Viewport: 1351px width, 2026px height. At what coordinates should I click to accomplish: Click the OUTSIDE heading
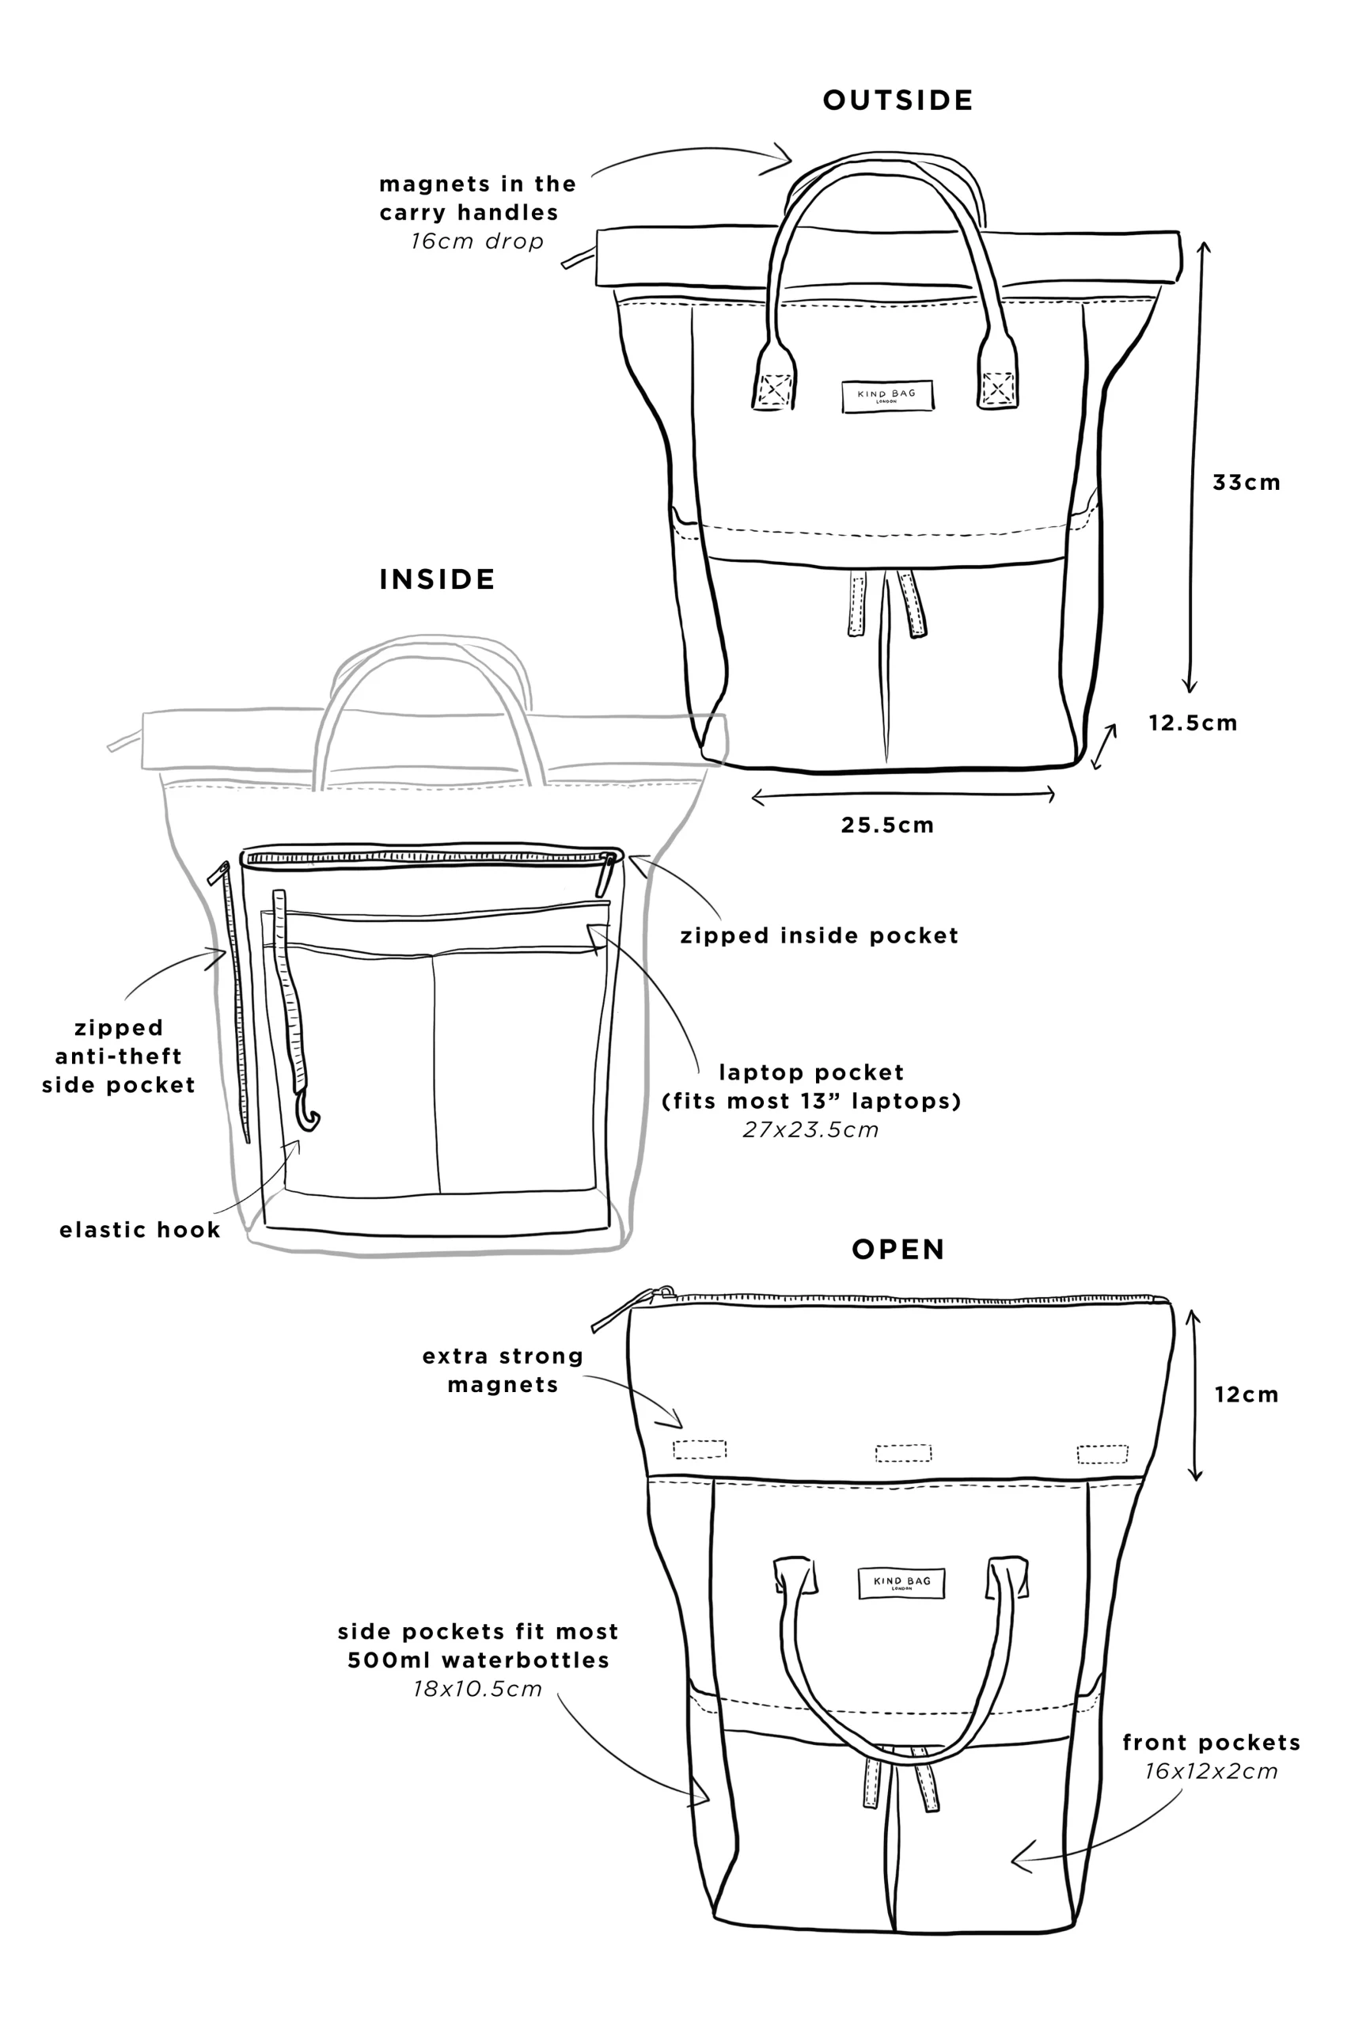[x=898, y=100]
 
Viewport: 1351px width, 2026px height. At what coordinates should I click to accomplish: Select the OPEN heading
[x=898, y=1249]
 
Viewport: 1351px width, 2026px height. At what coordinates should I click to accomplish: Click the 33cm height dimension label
[x=1246, y=483]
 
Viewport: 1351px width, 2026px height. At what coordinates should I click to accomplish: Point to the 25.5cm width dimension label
[x=887, y=825]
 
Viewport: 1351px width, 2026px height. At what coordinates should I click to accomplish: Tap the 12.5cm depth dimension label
[x=1193, y=723]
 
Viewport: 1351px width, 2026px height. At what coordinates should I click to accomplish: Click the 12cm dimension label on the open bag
[x=1247, y=1394]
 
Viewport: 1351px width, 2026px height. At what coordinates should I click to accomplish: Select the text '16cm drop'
[x=477, y=241]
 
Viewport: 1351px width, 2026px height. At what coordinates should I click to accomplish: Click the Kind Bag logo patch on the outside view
[x=887, y=396]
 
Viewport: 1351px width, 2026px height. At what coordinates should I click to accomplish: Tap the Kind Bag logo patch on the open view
[x=901, y=1582]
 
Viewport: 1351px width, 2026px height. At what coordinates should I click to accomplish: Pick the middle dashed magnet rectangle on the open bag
[x=903, y=1453]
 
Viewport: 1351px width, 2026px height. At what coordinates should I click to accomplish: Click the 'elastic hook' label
[x=139, y=1230]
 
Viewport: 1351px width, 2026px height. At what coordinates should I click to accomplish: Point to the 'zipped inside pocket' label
[x=819, y=935]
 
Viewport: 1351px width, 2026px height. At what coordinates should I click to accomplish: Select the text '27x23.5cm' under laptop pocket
[x=810, y=1129]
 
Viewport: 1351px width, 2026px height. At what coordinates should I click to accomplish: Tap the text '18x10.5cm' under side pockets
[x=477, y=1688]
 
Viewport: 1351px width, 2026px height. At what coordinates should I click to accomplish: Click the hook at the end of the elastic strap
[x=308, y=1110]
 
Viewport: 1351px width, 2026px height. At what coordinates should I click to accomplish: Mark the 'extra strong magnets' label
[x=503, y=1371]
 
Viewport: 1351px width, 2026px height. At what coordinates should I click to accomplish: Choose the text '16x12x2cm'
[x=1212, y=1771]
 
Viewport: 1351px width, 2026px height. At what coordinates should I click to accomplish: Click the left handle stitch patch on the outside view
[x=774, y=389]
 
